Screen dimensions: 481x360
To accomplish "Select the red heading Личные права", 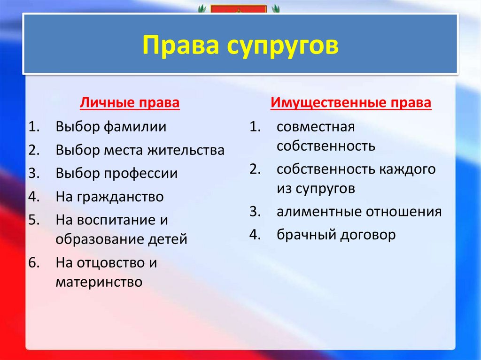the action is pos(130,103).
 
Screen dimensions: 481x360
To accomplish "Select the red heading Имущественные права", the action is pos(351,103).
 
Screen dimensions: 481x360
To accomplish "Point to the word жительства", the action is pos(186,150).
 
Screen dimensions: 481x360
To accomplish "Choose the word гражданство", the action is pos(120,197).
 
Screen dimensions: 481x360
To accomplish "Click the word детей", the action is pos(168,239).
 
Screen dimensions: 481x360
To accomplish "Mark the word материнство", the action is pos(99,282).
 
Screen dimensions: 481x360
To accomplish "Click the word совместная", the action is pos(316,127).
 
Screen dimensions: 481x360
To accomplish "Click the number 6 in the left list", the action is pos(32,263).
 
